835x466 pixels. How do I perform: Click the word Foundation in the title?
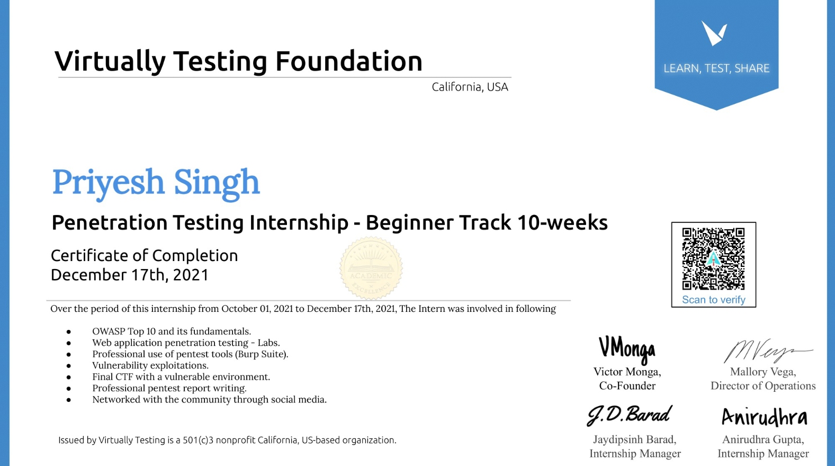point(349,61)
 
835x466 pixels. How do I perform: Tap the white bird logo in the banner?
point(714,33)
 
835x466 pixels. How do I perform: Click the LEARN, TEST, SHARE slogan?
point(716,68)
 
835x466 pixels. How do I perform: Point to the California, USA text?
point(470,87)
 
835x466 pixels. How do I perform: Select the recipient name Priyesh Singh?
point(156,183)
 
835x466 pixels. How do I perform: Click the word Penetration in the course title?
point(110,223)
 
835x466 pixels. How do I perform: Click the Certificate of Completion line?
point(144,256)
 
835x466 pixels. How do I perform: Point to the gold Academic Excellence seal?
point(371,268)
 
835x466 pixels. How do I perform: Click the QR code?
point(713,259)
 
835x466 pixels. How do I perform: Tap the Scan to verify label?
point(713,300)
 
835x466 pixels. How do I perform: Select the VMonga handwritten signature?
point(627,350)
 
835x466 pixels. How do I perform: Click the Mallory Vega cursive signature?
point(767,351)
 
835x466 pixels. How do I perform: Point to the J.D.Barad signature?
point(629,415)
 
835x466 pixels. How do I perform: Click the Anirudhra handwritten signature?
point(765,417)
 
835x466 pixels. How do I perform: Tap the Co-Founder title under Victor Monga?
point(627,386)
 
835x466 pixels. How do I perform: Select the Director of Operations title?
point(763,386)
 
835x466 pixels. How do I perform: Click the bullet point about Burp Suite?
point(190,354)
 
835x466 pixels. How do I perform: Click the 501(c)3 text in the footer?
point(198,440)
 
